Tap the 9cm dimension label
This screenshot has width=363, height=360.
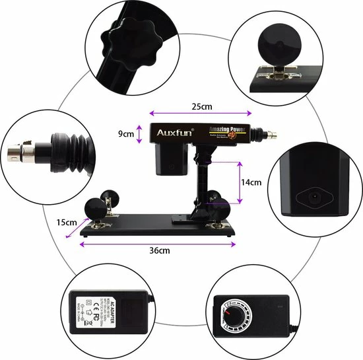point(125,133)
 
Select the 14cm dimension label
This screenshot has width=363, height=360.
point(251,182)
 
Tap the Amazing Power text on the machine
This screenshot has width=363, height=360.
point(227,130)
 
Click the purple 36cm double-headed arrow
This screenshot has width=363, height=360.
point(158,242)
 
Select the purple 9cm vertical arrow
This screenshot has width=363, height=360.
point(139,133)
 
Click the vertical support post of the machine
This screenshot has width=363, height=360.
point(202,182)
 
